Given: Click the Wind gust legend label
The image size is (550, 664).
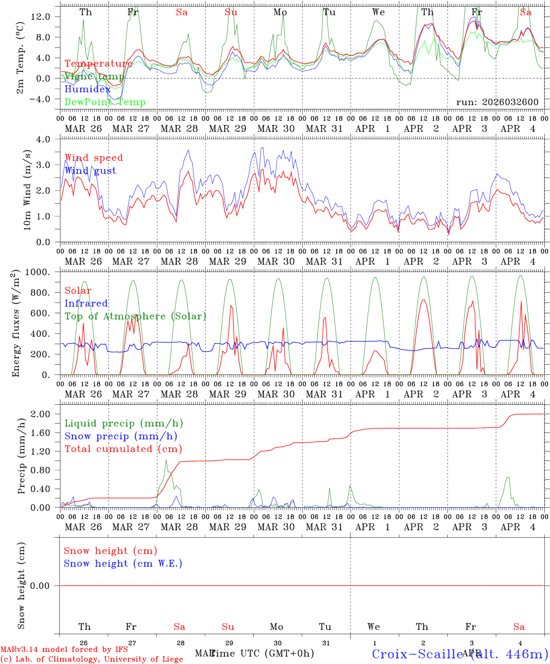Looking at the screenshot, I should click(90, 171).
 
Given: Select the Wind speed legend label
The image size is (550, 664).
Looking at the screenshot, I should click(94, 158).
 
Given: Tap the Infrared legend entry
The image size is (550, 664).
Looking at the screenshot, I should click(86, 303).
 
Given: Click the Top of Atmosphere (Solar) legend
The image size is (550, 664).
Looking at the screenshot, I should click(135, 316).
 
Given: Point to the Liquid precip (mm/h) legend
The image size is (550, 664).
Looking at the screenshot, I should click(124, 423).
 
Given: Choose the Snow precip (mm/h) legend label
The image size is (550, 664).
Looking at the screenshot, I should click(121, 436).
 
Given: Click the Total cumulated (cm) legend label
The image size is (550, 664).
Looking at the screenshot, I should click(123, 449).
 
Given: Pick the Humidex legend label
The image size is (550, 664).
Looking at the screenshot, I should click(88, 89).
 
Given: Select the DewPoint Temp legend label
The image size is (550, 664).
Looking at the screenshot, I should click(105, 102).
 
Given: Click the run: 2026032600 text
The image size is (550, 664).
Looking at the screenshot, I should click(497, 102).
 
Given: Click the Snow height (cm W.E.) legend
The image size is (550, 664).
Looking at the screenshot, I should click(123, 563).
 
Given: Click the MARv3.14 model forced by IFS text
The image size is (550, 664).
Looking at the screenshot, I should click(64, 650).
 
